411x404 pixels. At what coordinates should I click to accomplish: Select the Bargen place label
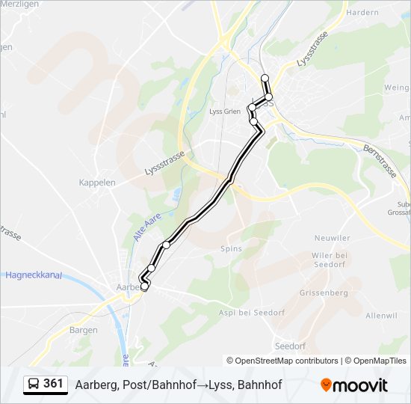(x=83, y=329)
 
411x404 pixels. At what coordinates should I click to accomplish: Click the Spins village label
(x=232, y=248)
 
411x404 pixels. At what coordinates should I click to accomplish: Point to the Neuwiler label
(x=333, y=238)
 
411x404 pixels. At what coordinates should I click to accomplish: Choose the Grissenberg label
(x=323, y=293)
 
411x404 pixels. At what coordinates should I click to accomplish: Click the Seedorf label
(x=290, y=346)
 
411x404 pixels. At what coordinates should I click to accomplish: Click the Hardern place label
(x=363, y=13)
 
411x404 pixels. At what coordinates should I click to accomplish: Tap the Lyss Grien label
(x=224, y=111)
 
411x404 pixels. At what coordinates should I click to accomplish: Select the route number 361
(x=53, y=384)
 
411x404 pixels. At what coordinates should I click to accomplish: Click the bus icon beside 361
(x=34, y=385)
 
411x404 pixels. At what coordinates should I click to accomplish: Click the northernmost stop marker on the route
(x=265, y=78)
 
